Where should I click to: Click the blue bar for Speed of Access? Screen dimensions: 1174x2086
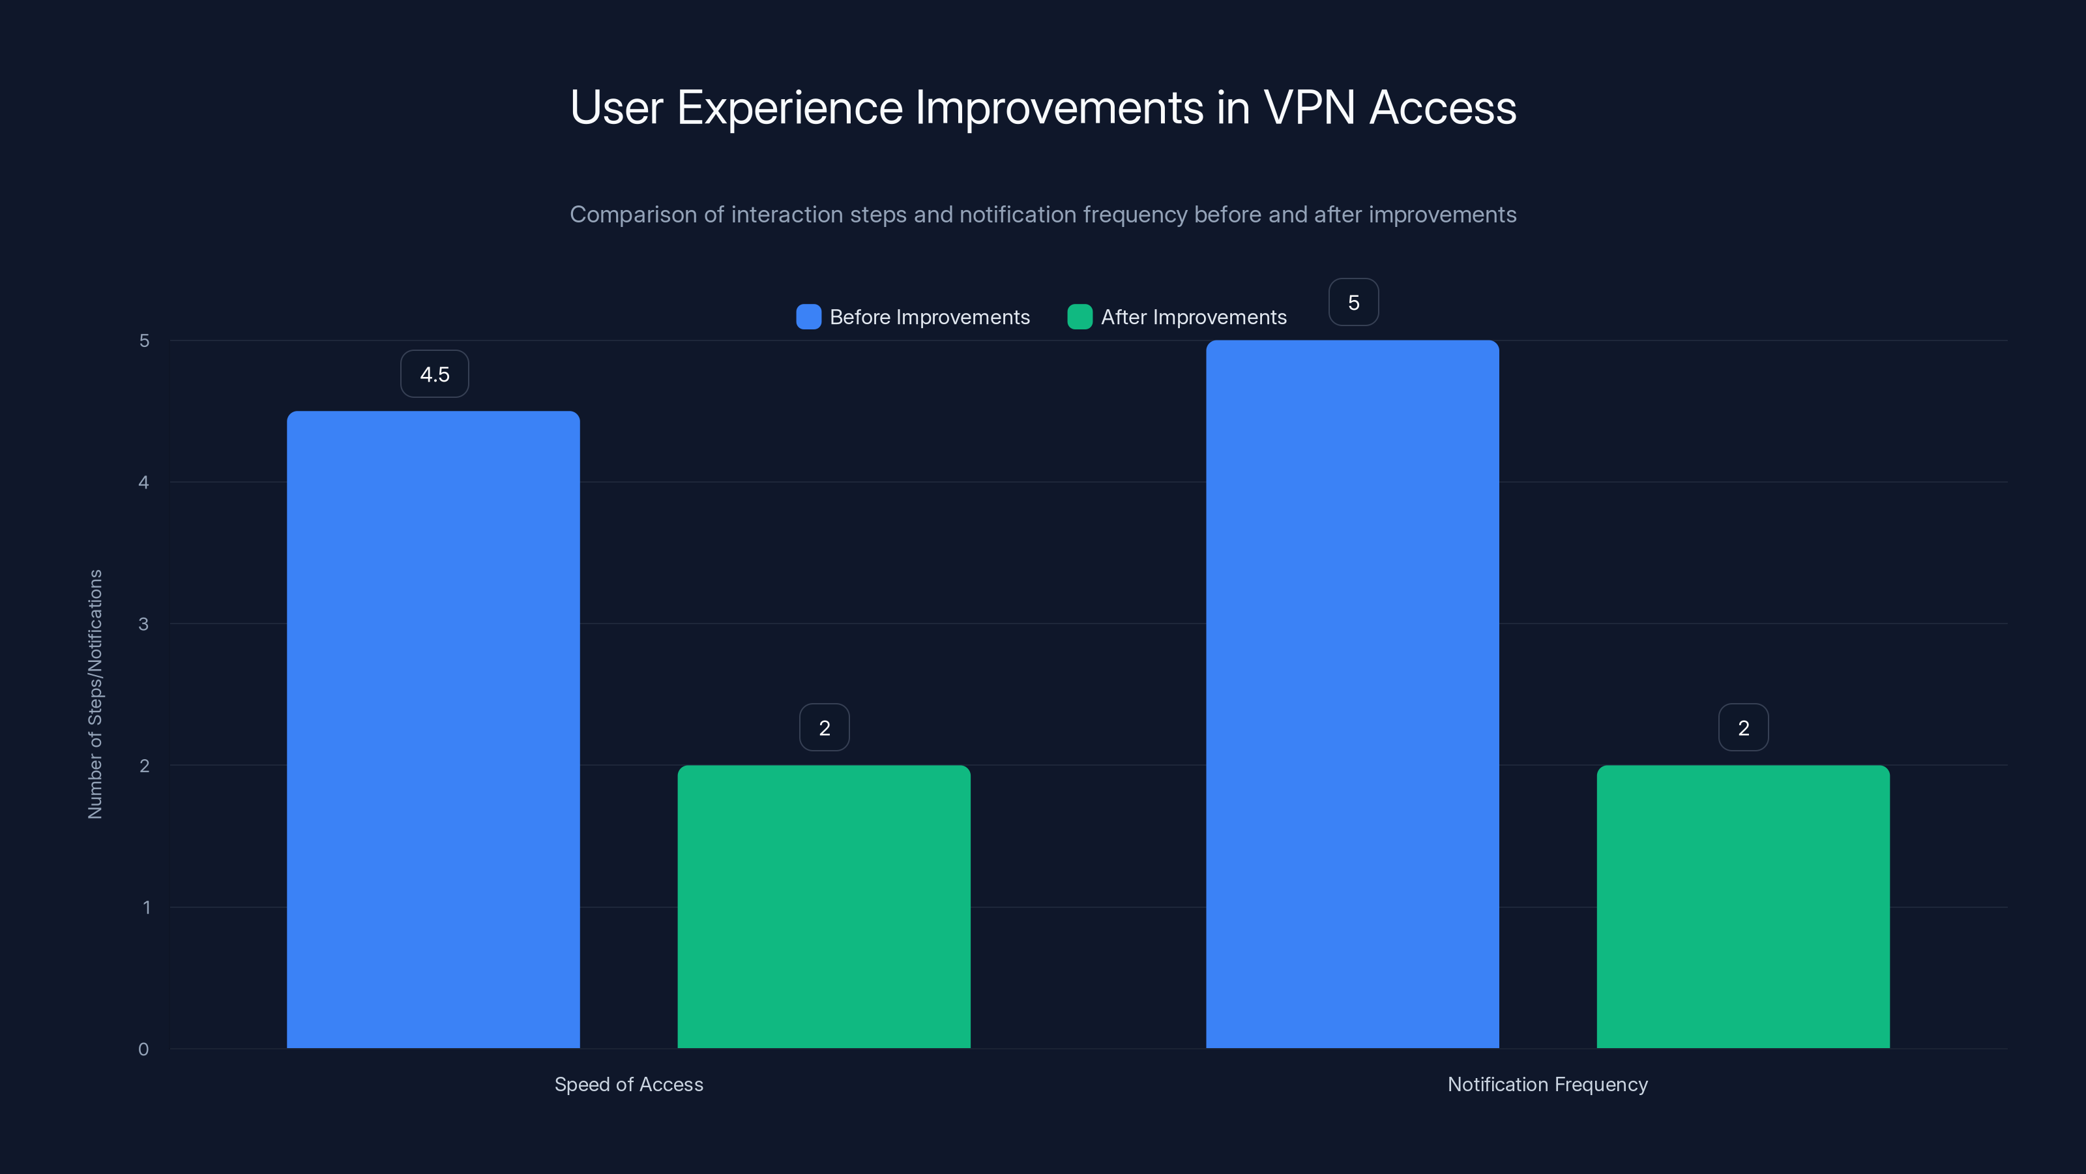(x=433, y=729)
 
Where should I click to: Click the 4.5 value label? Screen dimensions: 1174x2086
(x=435, y=374)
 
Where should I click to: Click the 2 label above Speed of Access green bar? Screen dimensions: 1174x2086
(x=825, y=728)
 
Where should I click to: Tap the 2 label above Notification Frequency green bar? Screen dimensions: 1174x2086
(x=1744, y=728)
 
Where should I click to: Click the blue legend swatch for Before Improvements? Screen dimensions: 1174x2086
(x=808, y=317)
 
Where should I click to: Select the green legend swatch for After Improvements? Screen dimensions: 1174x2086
(x=1080, y=317)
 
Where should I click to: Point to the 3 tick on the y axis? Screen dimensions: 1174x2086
(x=143, y=624)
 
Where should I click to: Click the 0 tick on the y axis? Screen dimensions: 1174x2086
(x=143, y=1049)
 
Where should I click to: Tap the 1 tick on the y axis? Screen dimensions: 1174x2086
(x=146, y=907)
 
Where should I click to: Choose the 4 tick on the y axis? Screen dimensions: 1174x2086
(x=143, y=483)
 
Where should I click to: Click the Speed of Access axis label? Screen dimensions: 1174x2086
(x=628, y=1084)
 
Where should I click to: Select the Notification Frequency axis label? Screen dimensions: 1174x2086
(x=1547, y=1084)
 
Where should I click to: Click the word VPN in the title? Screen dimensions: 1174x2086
(x=1308, y=108)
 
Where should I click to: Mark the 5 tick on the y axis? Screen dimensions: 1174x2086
(x=144, y=341)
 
